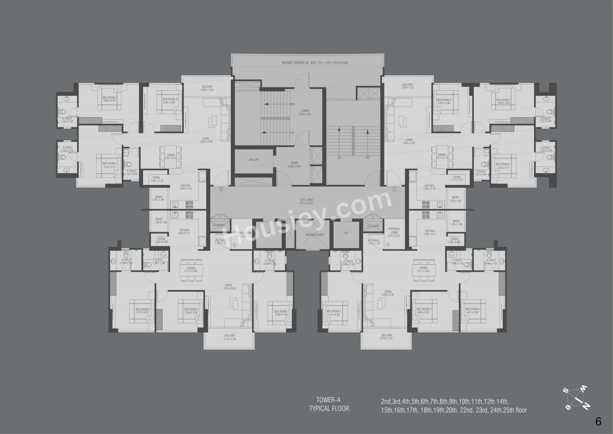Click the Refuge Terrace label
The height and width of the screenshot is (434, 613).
[x=315, y=63]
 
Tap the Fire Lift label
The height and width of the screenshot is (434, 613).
[x=254, y=160]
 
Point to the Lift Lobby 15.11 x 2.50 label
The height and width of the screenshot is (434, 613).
[x=306, y=201]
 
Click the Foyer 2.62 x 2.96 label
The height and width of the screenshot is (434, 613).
[x=294, y=164]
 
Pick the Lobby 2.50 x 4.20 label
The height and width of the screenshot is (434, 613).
[x=305, y=112]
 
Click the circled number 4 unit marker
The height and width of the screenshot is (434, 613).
[x=221, y=189]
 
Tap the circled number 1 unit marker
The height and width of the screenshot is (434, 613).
[x=394, y=189]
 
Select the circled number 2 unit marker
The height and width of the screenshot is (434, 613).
[x=388, y=244]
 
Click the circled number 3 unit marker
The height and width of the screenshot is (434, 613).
[x=234, y=245]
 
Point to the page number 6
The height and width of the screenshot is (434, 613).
[x=598, y=422]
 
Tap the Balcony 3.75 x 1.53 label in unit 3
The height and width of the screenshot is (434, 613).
[x=230, y=337]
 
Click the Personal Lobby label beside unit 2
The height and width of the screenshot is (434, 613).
[x=394, y=232]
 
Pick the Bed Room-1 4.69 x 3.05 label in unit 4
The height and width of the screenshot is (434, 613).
[x=110, y=99]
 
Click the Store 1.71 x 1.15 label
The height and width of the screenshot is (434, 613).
[x=457, y=178]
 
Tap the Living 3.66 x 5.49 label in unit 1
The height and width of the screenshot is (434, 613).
[x=409, y=141]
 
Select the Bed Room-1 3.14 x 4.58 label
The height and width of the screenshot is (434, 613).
[x=334, y=313]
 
